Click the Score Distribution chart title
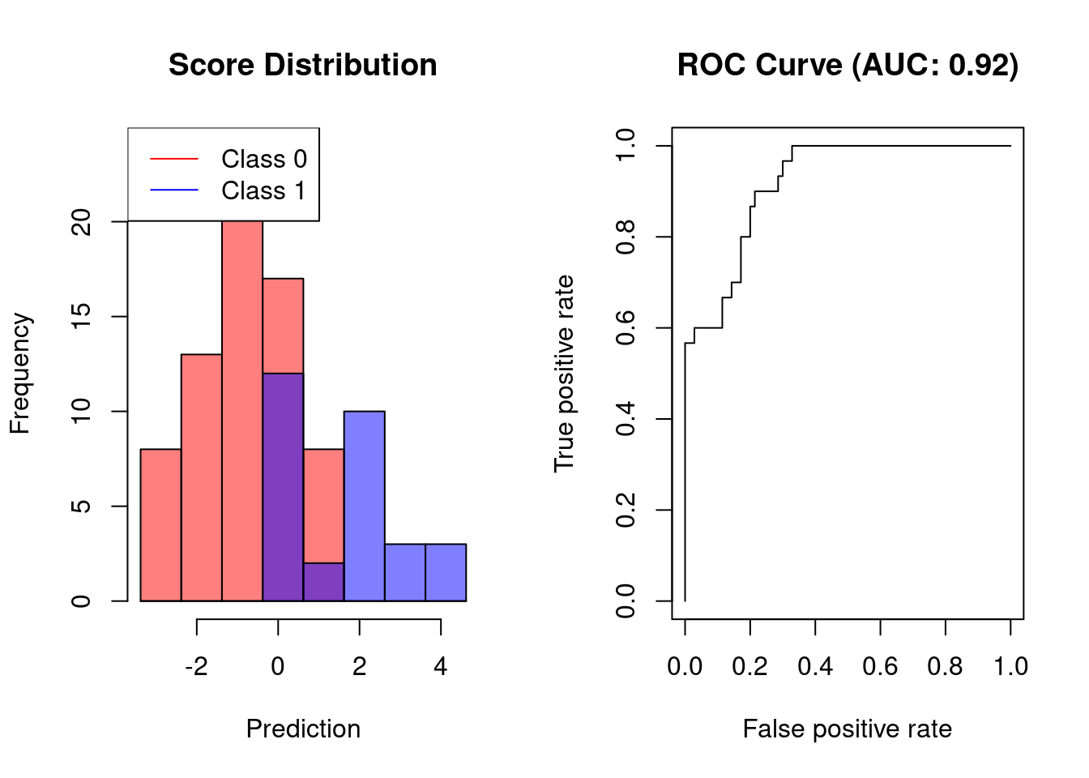(x=302, y=65)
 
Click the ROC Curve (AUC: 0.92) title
(x=847, y=65)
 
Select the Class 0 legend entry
(x=263, y=159)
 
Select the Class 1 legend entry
(x=263, y=190)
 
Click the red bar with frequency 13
(x=201, y=478)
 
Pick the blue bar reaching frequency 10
(x=364, y=507)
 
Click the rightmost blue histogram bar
(x=446, y=572)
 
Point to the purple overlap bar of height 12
(x=283, y=486)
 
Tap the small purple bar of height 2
(x=323, y=582)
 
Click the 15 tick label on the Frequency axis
(x=81, y=316)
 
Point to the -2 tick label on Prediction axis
(x=196, y=666)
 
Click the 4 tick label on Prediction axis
(x=440, y=666)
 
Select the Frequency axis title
(x=19, y=374)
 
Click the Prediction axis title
(x=303, y=729)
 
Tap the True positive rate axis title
(x=564, y=374)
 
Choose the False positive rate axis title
(x=847, y=729)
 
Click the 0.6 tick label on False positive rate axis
(x=880, y=666)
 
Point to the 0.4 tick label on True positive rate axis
(x=626, y=419)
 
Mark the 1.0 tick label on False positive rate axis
(x=1010, y=666)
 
